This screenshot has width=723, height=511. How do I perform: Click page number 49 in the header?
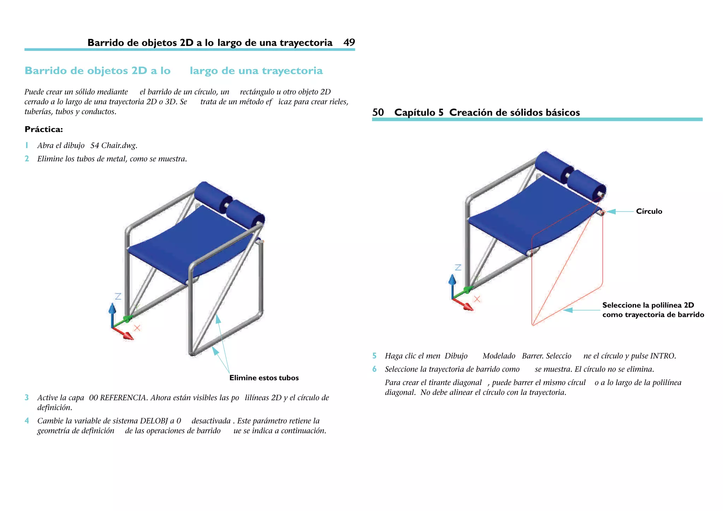[349, 43]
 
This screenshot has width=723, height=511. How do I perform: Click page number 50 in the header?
[378, 113]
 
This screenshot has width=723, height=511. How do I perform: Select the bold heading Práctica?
[44, 130]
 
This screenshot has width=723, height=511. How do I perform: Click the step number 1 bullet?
[26, 145]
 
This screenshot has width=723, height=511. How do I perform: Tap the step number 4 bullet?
[26, 421]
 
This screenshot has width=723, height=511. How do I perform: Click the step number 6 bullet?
[374, 369]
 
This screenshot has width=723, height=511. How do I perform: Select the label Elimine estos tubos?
[264, 378]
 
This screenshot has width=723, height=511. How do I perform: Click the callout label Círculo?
[649, 211]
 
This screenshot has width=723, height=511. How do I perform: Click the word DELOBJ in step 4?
[154, 421]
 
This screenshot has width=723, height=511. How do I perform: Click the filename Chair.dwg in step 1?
[119, 145]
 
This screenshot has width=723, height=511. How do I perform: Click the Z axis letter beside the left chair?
[118, 296]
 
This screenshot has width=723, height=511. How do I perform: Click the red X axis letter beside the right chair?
[477, 299]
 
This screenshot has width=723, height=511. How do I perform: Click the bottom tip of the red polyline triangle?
[533, 324]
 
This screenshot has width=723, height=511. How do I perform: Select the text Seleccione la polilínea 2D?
[648, 305]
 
